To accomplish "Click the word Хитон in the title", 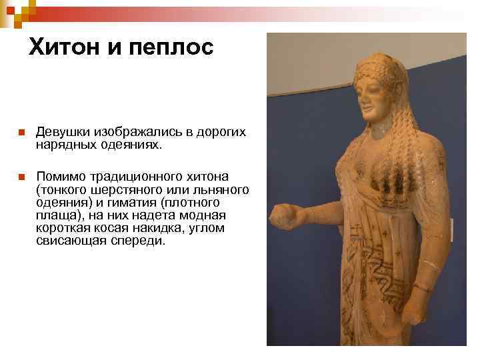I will coord(67,47).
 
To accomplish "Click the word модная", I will coord(206,215).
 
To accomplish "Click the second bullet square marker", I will coord(21,177).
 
